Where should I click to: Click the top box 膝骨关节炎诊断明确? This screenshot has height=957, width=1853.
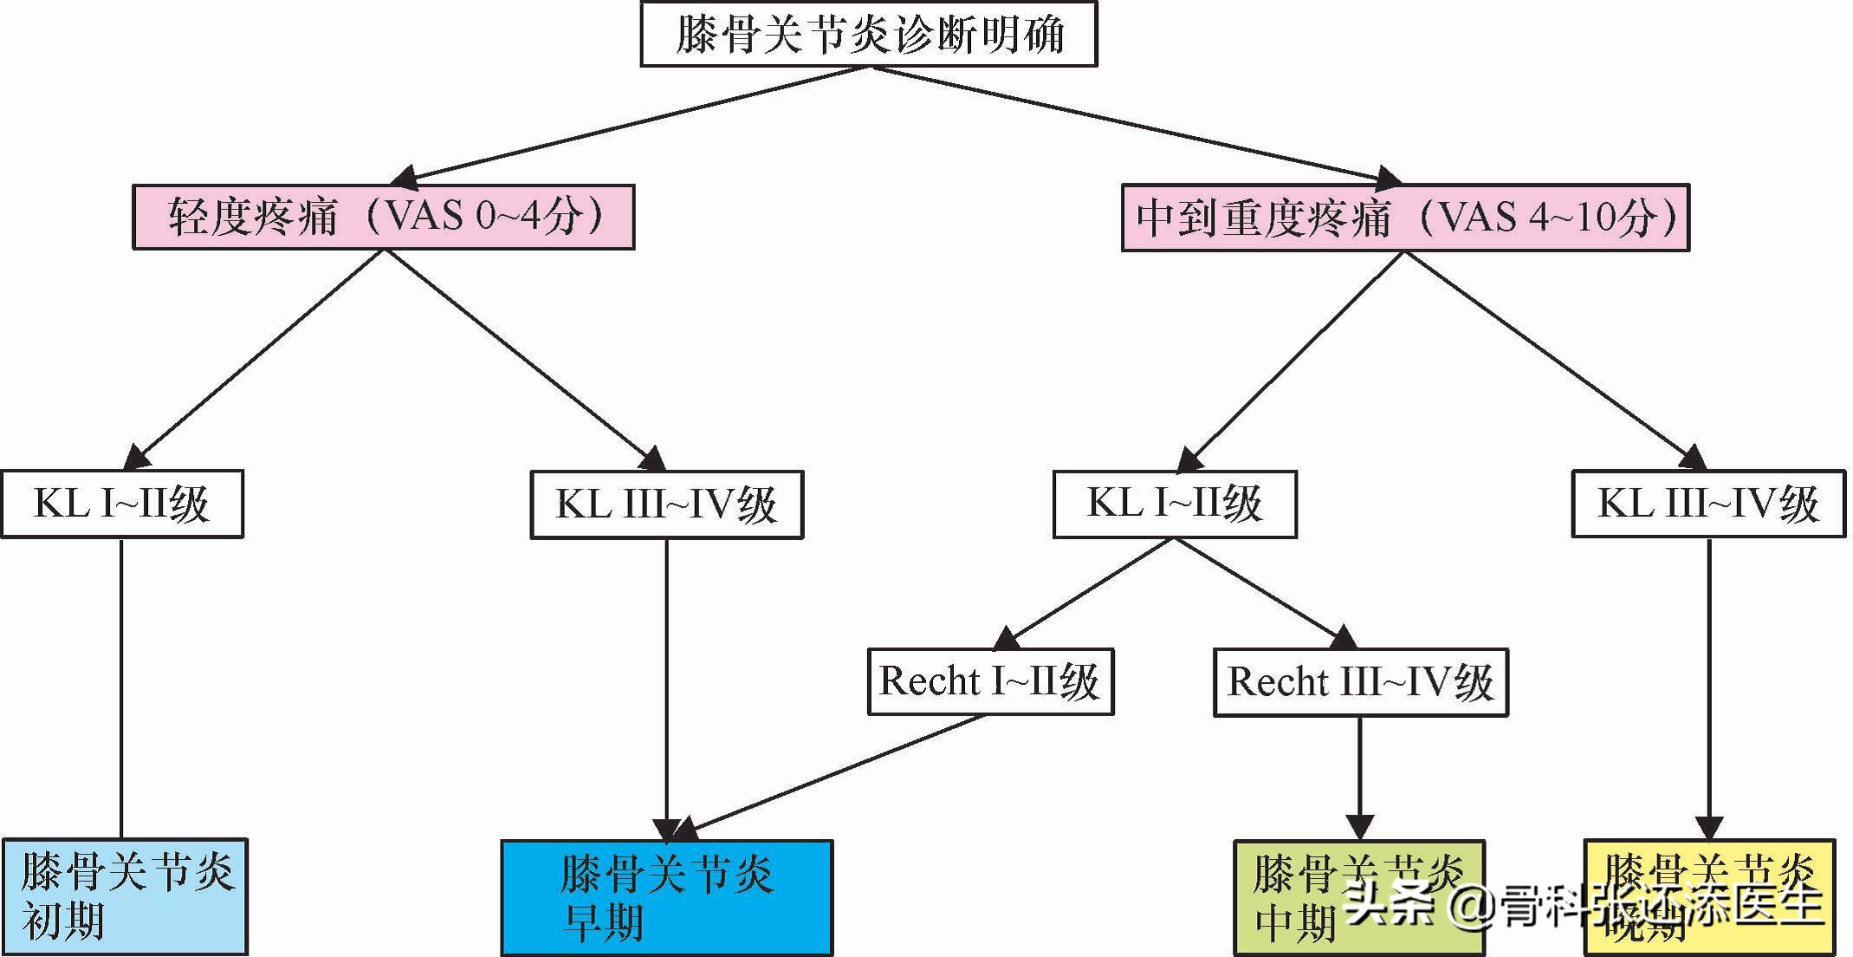point(869,35)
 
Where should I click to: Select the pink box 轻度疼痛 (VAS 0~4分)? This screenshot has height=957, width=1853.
point(383,217)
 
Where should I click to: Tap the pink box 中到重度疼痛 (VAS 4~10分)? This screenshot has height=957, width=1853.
point(1405,218)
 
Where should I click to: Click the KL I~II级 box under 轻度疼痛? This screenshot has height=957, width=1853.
point(122,504)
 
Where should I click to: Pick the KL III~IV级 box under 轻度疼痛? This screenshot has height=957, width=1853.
point(666,505)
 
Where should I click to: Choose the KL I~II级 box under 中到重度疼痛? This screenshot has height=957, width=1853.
point(1175,504)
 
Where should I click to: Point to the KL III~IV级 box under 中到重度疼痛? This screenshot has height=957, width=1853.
point(1707,504)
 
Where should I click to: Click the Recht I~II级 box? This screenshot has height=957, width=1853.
point(990,681)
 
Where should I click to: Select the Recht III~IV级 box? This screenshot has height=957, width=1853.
point(1360,682)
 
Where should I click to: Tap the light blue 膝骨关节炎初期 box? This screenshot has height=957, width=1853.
point(125,896)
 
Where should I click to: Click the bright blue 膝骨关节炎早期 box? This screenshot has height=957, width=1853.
point(666,897)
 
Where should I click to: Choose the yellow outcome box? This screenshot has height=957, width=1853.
point(1708,897)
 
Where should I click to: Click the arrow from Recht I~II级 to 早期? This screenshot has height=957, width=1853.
point(832,776)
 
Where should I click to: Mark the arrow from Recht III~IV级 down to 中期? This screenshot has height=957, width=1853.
point(1359,776)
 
